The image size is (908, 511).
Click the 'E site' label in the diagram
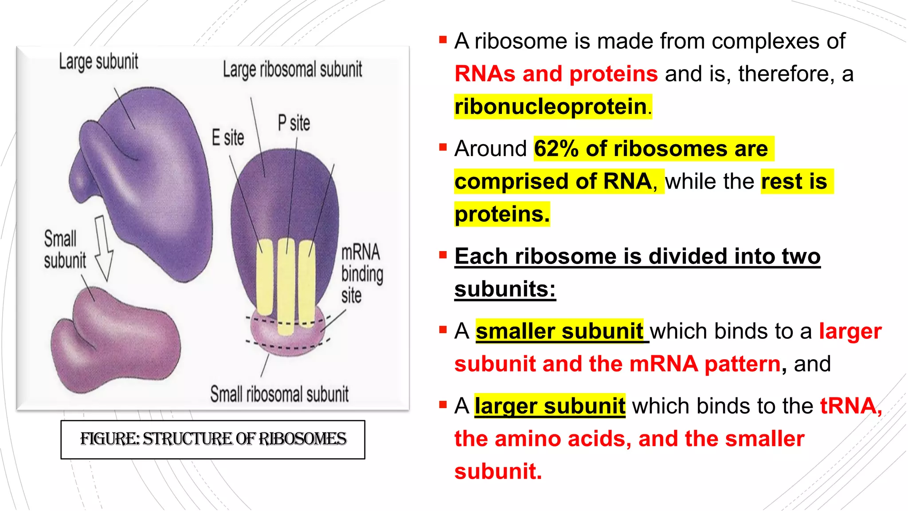coord(227,138)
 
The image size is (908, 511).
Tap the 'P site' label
coord(294,123)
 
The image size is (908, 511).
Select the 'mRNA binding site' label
coord(361,274)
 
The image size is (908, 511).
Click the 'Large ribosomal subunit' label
coord(292,70)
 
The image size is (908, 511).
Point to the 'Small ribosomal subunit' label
coord(279,394)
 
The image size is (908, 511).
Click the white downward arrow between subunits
coord(103,248)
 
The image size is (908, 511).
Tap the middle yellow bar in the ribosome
coord(286,286)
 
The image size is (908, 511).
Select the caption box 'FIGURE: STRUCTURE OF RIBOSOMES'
coord(213,439)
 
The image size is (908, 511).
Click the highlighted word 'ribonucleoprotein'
coord(551,107)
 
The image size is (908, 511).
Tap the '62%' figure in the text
coord(556,149)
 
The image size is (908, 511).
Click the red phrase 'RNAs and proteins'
coord(556,74)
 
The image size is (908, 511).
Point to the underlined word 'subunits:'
coord(505,290)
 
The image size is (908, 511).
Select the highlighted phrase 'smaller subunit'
coord(559,331)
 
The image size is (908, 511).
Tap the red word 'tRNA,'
coord(850,406)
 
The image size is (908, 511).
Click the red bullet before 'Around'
coord(442,147)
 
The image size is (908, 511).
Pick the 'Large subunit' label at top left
coord(98,62)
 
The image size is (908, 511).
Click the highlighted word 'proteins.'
coord(502,215)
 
